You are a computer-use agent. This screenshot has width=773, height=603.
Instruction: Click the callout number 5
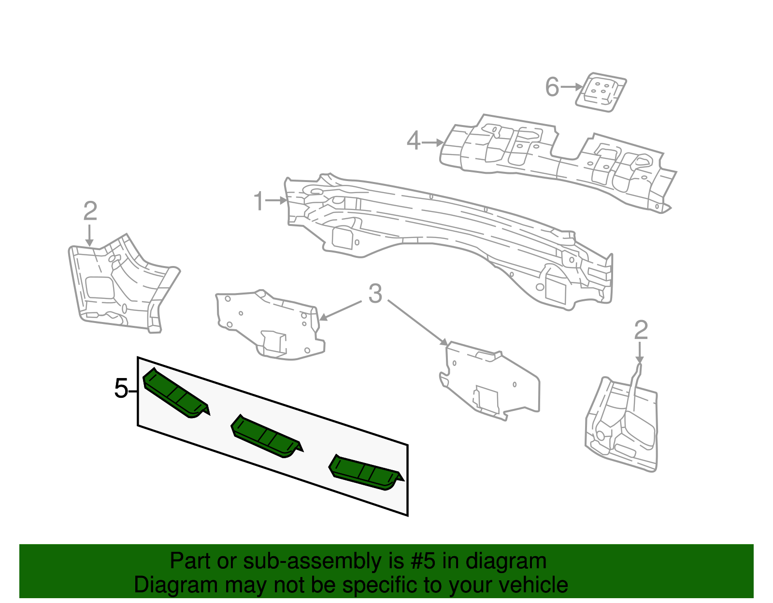coord(121,389)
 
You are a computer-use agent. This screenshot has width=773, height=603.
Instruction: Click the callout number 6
coord(552,87)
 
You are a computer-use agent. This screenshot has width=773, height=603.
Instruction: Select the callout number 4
coord(414,141)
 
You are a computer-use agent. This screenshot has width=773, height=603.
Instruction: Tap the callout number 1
coord(259,201)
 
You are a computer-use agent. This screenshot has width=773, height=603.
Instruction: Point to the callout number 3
coord(375,294)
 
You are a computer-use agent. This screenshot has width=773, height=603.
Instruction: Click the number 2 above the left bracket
coord(90,211)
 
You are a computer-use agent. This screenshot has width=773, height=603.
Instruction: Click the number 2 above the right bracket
coord(641,331)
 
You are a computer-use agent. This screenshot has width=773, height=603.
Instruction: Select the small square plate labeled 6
coord(601,92)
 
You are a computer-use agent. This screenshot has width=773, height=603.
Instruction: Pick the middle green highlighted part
coord(266,436)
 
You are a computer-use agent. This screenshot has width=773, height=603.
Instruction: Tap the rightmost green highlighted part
coord(365,472)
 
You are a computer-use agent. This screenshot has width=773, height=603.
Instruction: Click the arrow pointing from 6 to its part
coord(572,87)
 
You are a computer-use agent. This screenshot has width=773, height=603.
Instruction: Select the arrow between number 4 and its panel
coord(433,142)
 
